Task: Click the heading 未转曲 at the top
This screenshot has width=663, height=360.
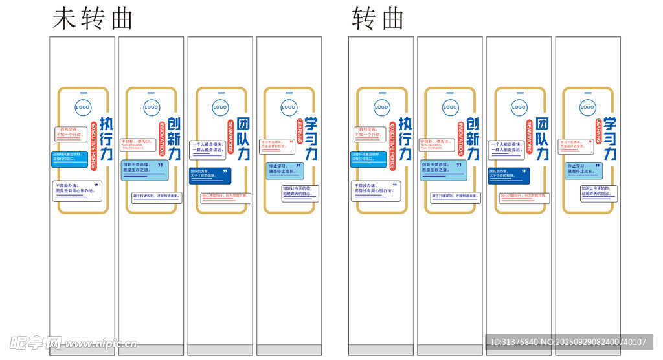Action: click(93, 19)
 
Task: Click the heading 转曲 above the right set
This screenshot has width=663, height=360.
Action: click(378, 19)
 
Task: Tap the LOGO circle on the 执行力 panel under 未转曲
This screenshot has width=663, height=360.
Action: click(82, 107)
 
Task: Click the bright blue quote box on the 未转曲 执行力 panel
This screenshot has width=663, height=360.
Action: click(69, 157)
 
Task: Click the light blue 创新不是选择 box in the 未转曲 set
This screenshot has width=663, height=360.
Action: click(144, 170)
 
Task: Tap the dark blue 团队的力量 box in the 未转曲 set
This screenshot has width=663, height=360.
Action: click(210, 175)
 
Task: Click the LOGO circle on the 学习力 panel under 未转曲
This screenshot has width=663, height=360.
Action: click(288, 107)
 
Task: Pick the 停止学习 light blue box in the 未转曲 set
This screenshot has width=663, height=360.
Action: click(285, 170)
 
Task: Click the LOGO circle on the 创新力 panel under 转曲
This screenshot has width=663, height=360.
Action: click(450, 107)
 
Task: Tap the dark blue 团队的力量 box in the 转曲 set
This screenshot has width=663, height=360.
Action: click(508, 175)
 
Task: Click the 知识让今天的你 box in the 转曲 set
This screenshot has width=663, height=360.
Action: click(598, 192)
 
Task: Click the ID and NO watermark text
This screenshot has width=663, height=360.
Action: click(568, 342)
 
